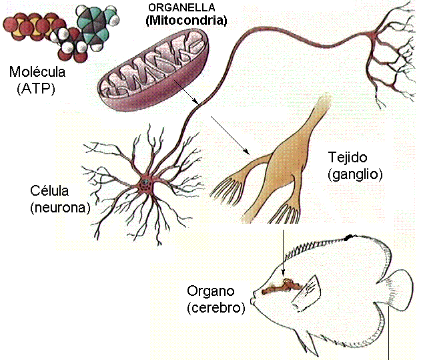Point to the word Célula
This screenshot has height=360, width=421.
(x=51, y=192)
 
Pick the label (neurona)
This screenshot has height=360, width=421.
(x=59, y=207)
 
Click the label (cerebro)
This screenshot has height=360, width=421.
(x=216, y=308)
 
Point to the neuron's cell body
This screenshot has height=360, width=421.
(x=144, y=182)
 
